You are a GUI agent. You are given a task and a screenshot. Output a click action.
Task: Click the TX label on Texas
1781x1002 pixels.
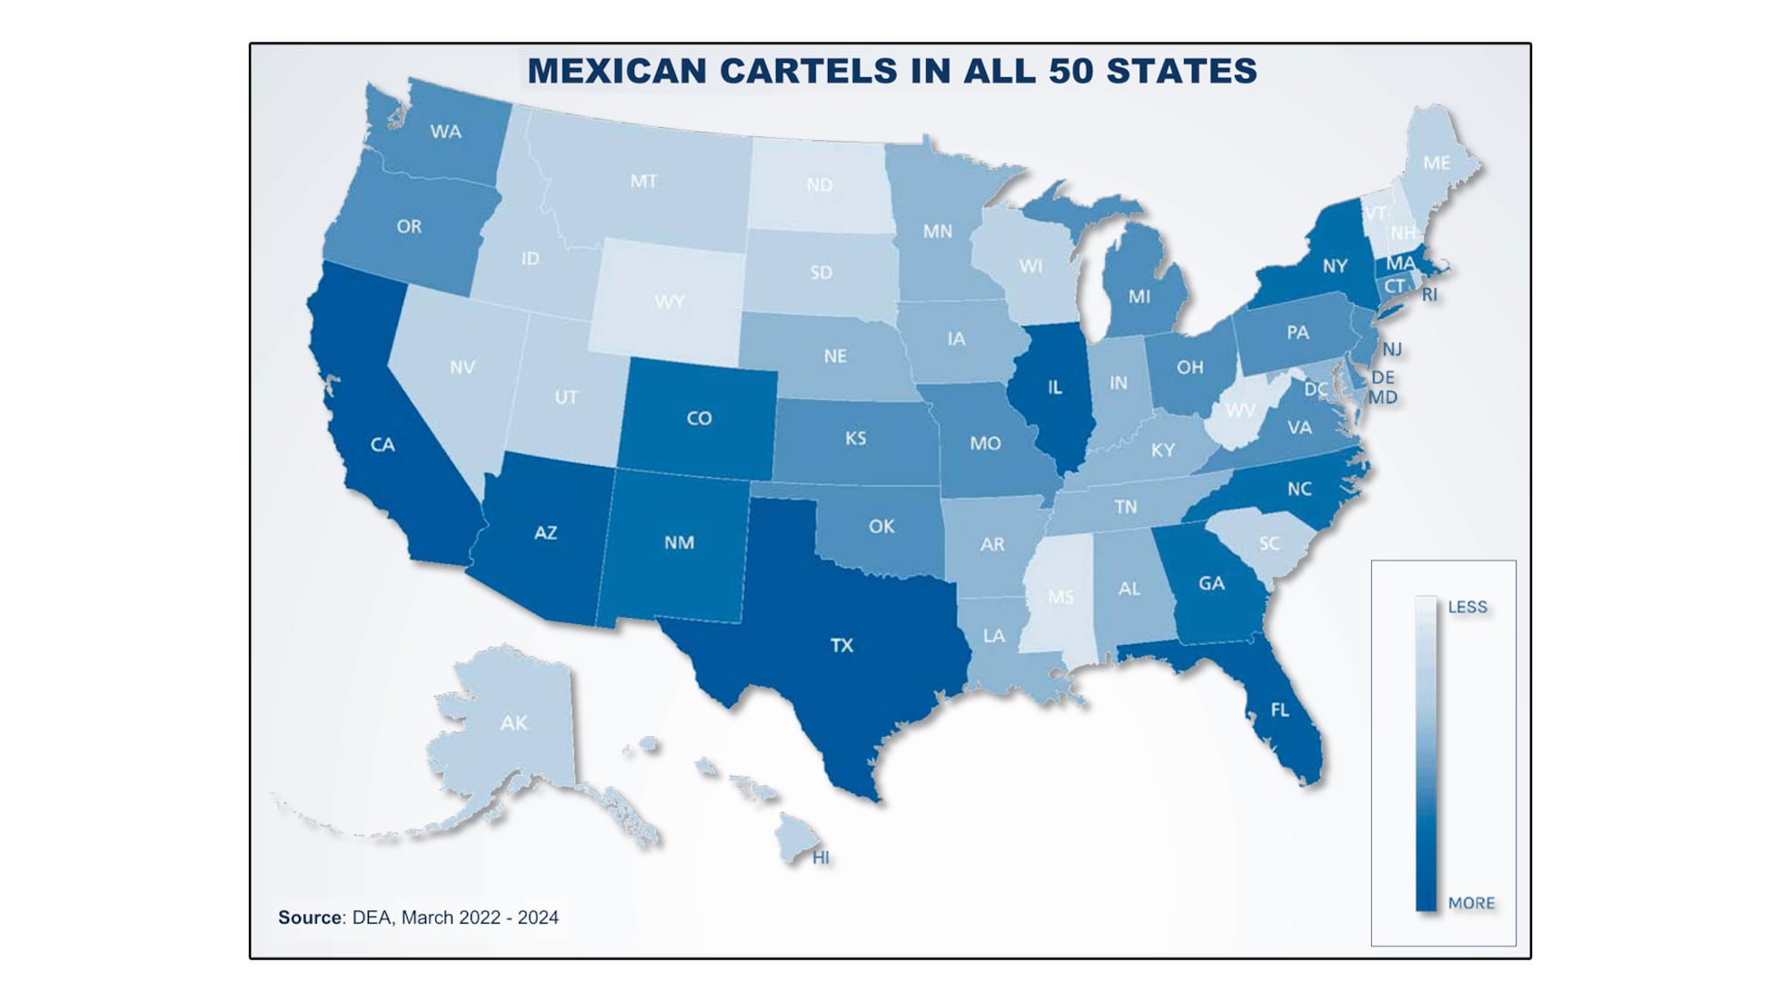841,645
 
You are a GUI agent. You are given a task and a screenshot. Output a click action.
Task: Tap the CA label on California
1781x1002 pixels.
383,444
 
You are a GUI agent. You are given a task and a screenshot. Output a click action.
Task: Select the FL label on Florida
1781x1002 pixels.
1279,709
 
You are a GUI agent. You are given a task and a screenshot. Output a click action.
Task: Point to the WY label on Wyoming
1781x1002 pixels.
670,302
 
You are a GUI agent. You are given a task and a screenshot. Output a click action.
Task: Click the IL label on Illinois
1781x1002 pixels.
1054,388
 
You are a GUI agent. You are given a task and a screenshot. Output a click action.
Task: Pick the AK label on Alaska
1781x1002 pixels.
513,723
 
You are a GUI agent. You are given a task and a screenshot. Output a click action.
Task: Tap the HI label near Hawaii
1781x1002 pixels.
821,858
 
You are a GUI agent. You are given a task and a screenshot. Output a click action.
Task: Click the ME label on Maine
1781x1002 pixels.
1436,163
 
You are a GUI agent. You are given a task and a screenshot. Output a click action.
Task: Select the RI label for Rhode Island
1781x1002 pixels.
1429,294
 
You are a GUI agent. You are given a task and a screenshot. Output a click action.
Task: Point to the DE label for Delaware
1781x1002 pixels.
1382,377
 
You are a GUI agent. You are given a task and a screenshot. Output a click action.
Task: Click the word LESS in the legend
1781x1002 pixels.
1468,607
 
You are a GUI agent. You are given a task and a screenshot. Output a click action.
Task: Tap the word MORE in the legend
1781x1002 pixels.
1471,903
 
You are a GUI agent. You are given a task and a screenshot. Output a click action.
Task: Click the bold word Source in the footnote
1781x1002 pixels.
310,918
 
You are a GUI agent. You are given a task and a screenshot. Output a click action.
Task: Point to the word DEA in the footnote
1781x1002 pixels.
371,918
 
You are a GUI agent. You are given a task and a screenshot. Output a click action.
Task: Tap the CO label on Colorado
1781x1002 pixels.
699,418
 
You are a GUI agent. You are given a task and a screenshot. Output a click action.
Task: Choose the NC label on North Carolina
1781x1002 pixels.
1299,489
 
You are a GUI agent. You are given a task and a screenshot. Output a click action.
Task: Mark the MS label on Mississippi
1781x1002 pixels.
1060,597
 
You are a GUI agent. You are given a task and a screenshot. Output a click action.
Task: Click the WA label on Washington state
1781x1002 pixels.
445,132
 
